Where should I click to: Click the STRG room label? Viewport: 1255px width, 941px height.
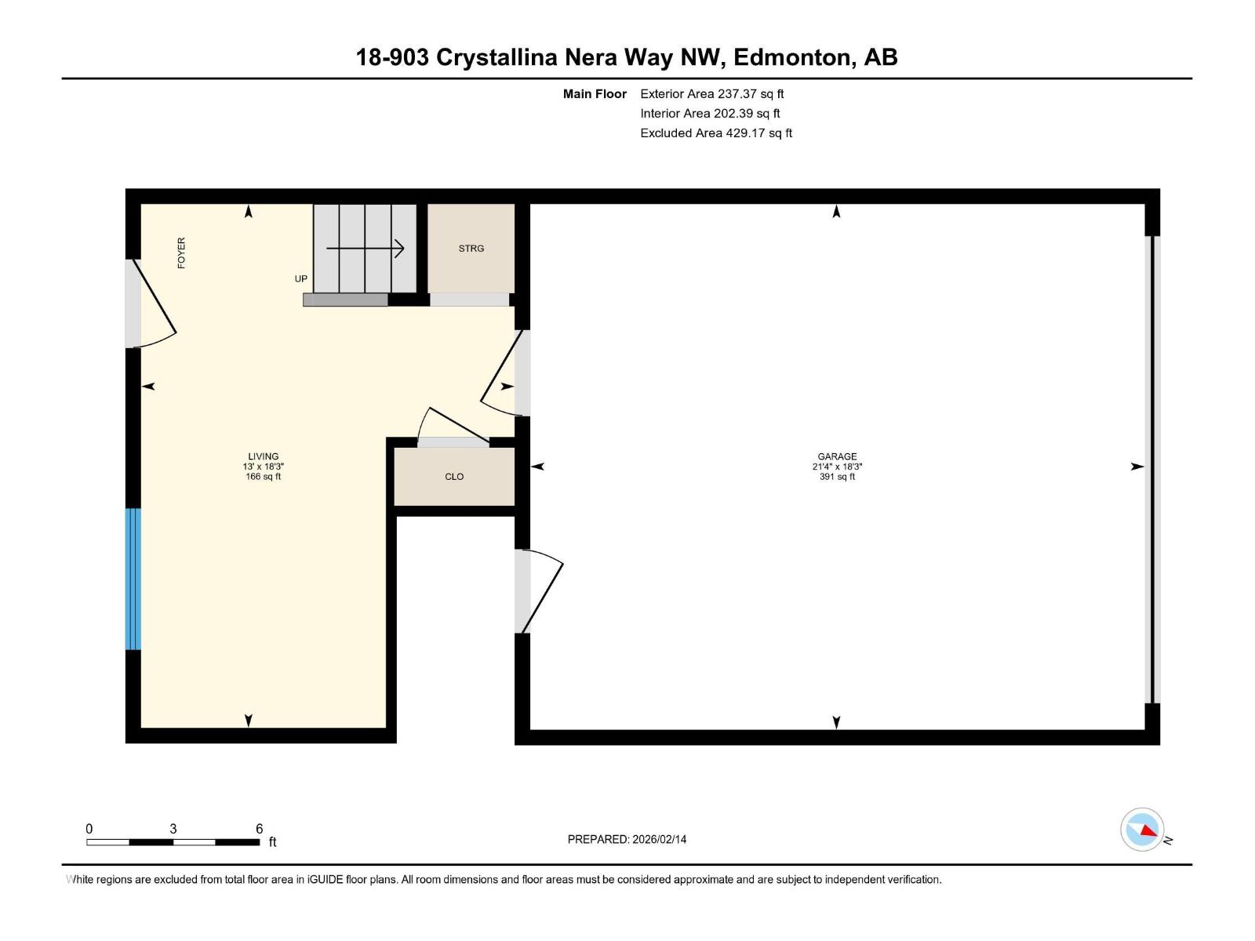point(471,249)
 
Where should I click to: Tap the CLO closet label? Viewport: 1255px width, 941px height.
point(454,477)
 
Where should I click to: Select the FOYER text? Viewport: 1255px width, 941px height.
point(181,253)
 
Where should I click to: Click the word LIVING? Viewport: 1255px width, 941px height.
point(263,456)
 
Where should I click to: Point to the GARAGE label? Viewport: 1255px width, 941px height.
point(837,456)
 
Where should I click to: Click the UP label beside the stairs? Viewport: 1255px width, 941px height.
point(300,279)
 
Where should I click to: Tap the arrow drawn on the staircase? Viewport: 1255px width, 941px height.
point(366,249)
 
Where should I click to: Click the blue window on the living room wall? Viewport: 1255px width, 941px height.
point(133,579)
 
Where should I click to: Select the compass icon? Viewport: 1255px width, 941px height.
point(1142,830)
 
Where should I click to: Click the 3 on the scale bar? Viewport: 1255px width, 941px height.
point(173,828)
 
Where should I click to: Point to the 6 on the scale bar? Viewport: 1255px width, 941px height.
point(259,828)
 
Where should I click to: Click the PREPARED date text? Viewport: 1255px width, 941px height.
point(627,839)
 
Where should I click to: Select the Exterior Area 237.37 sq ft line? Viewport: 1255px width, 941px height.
point(712,93)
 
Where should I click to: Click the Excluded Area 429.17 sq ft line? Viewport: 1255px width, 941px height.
point(716,133)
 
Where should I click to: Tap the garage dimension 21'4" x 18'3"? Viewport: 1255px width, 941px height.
point(837,467)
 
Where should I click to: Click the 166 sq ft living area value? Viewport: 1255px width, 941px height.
point(263,477)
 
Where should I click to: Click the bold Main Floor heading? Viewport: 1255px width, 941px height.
point(595,93)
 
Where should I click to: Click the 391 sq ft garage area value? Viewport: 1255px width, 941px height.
point(837,477)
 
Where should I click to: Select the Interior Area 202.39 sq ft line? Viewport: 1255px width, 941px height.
point(710,113)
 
